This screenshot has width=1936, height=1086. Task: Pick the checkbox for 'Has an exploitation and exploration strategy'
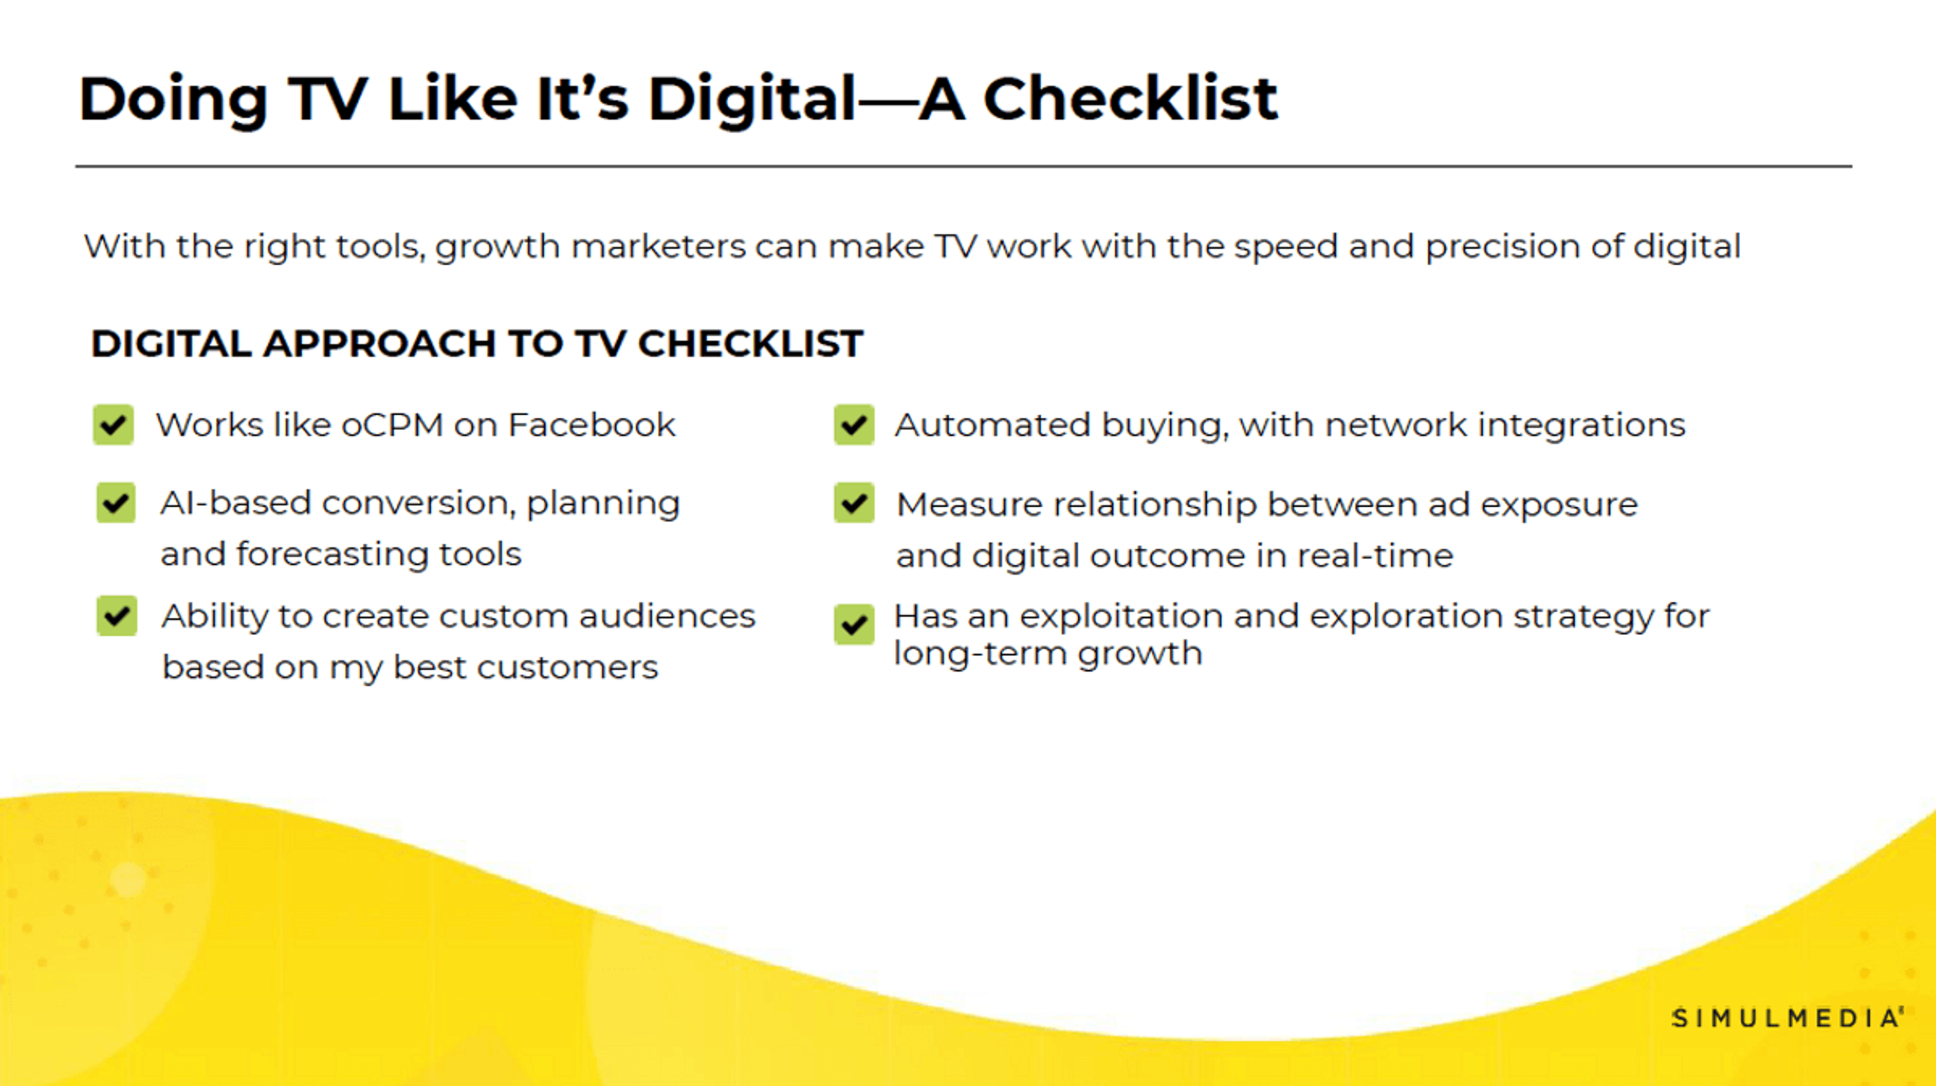click(854, 624)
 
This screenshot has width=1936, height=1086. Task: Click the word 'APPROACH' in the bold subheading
click(380, 344)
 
